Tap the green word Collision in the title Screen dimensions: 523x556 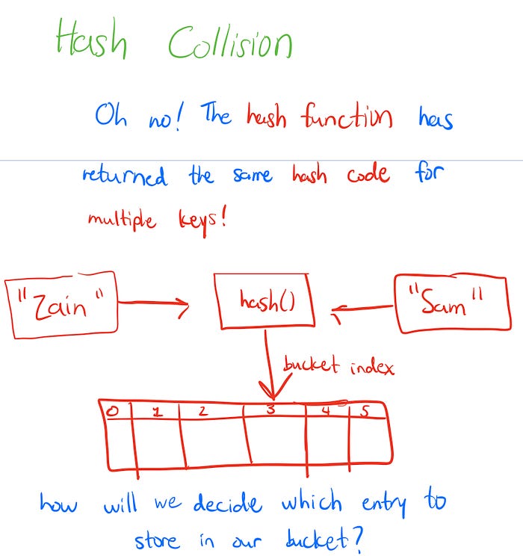point(230,43)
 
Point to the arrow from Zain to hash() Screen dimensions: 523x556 point(153,303)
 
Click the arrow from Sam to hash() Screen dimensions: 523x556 point(363,306)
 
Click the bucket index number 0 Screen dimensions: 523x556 point(112,410)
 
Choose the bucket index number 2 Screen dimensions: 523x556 point(202,411)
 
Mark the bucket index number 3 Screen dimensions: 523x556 point(271,410)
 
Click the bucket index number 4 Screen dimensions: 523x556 point(327,410)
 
